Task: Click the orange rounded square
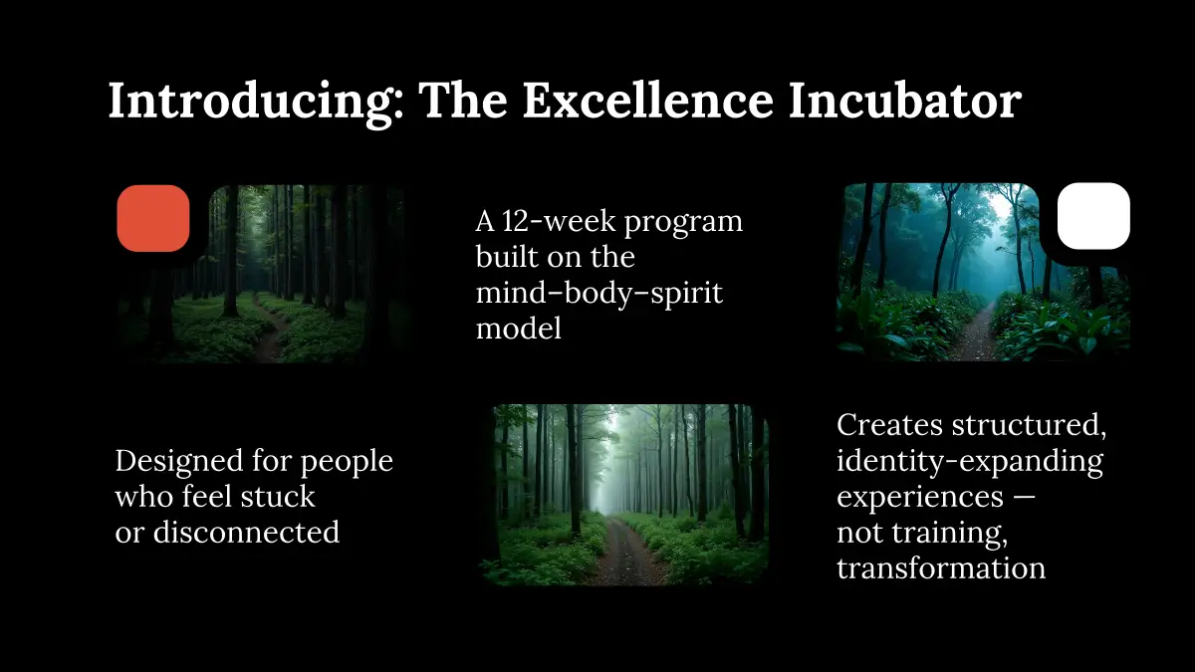(153, 218)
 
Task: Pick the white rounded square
(1093, 216)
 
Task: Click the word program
(683, 223)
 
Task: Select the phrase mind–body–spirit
(599, 295)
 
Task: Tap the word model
(519, 328)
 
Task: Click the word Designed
(178, 462)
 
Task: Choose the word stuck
(278, 496)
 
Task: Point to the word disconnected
(246, 532)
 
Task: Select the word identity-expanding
(970, 463)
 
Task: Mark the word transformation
(941, 567)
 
